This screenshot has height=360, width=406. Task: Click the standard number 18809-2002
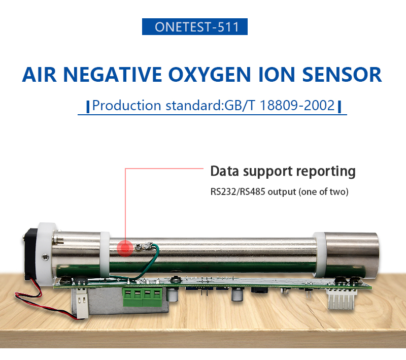click(x=297, y=106)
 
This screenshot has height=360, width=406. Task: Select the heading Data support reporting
click(x=283, y=171)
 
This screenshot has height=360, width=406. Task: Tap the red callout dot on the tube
click(x=125, y=248)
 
